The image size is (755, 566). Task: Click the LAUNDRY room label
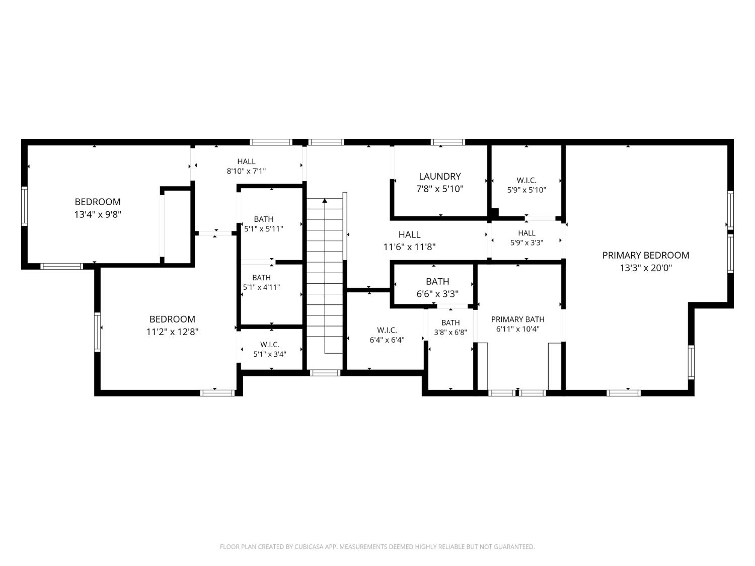(439, 176)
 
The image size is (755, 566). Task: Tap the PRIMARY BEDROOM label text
(646, 256)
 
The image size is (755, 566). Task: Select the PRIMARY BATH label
(517, 319)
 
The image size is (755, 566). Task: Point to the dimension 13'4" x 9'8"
(98, 214)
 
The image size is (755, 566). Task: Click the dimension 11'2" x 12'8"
(172, 332)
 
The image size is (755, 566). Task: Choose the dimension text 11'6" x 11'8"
(409, 247)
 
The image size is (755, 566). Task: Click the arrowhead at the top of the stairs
(325, 201)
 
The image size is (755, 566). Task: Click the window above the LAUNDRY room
(448, 142)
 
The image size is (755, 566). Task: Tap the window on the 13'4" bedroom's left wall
(25, 206)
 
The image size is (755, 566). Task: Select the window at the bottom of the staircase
(325, 373)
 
